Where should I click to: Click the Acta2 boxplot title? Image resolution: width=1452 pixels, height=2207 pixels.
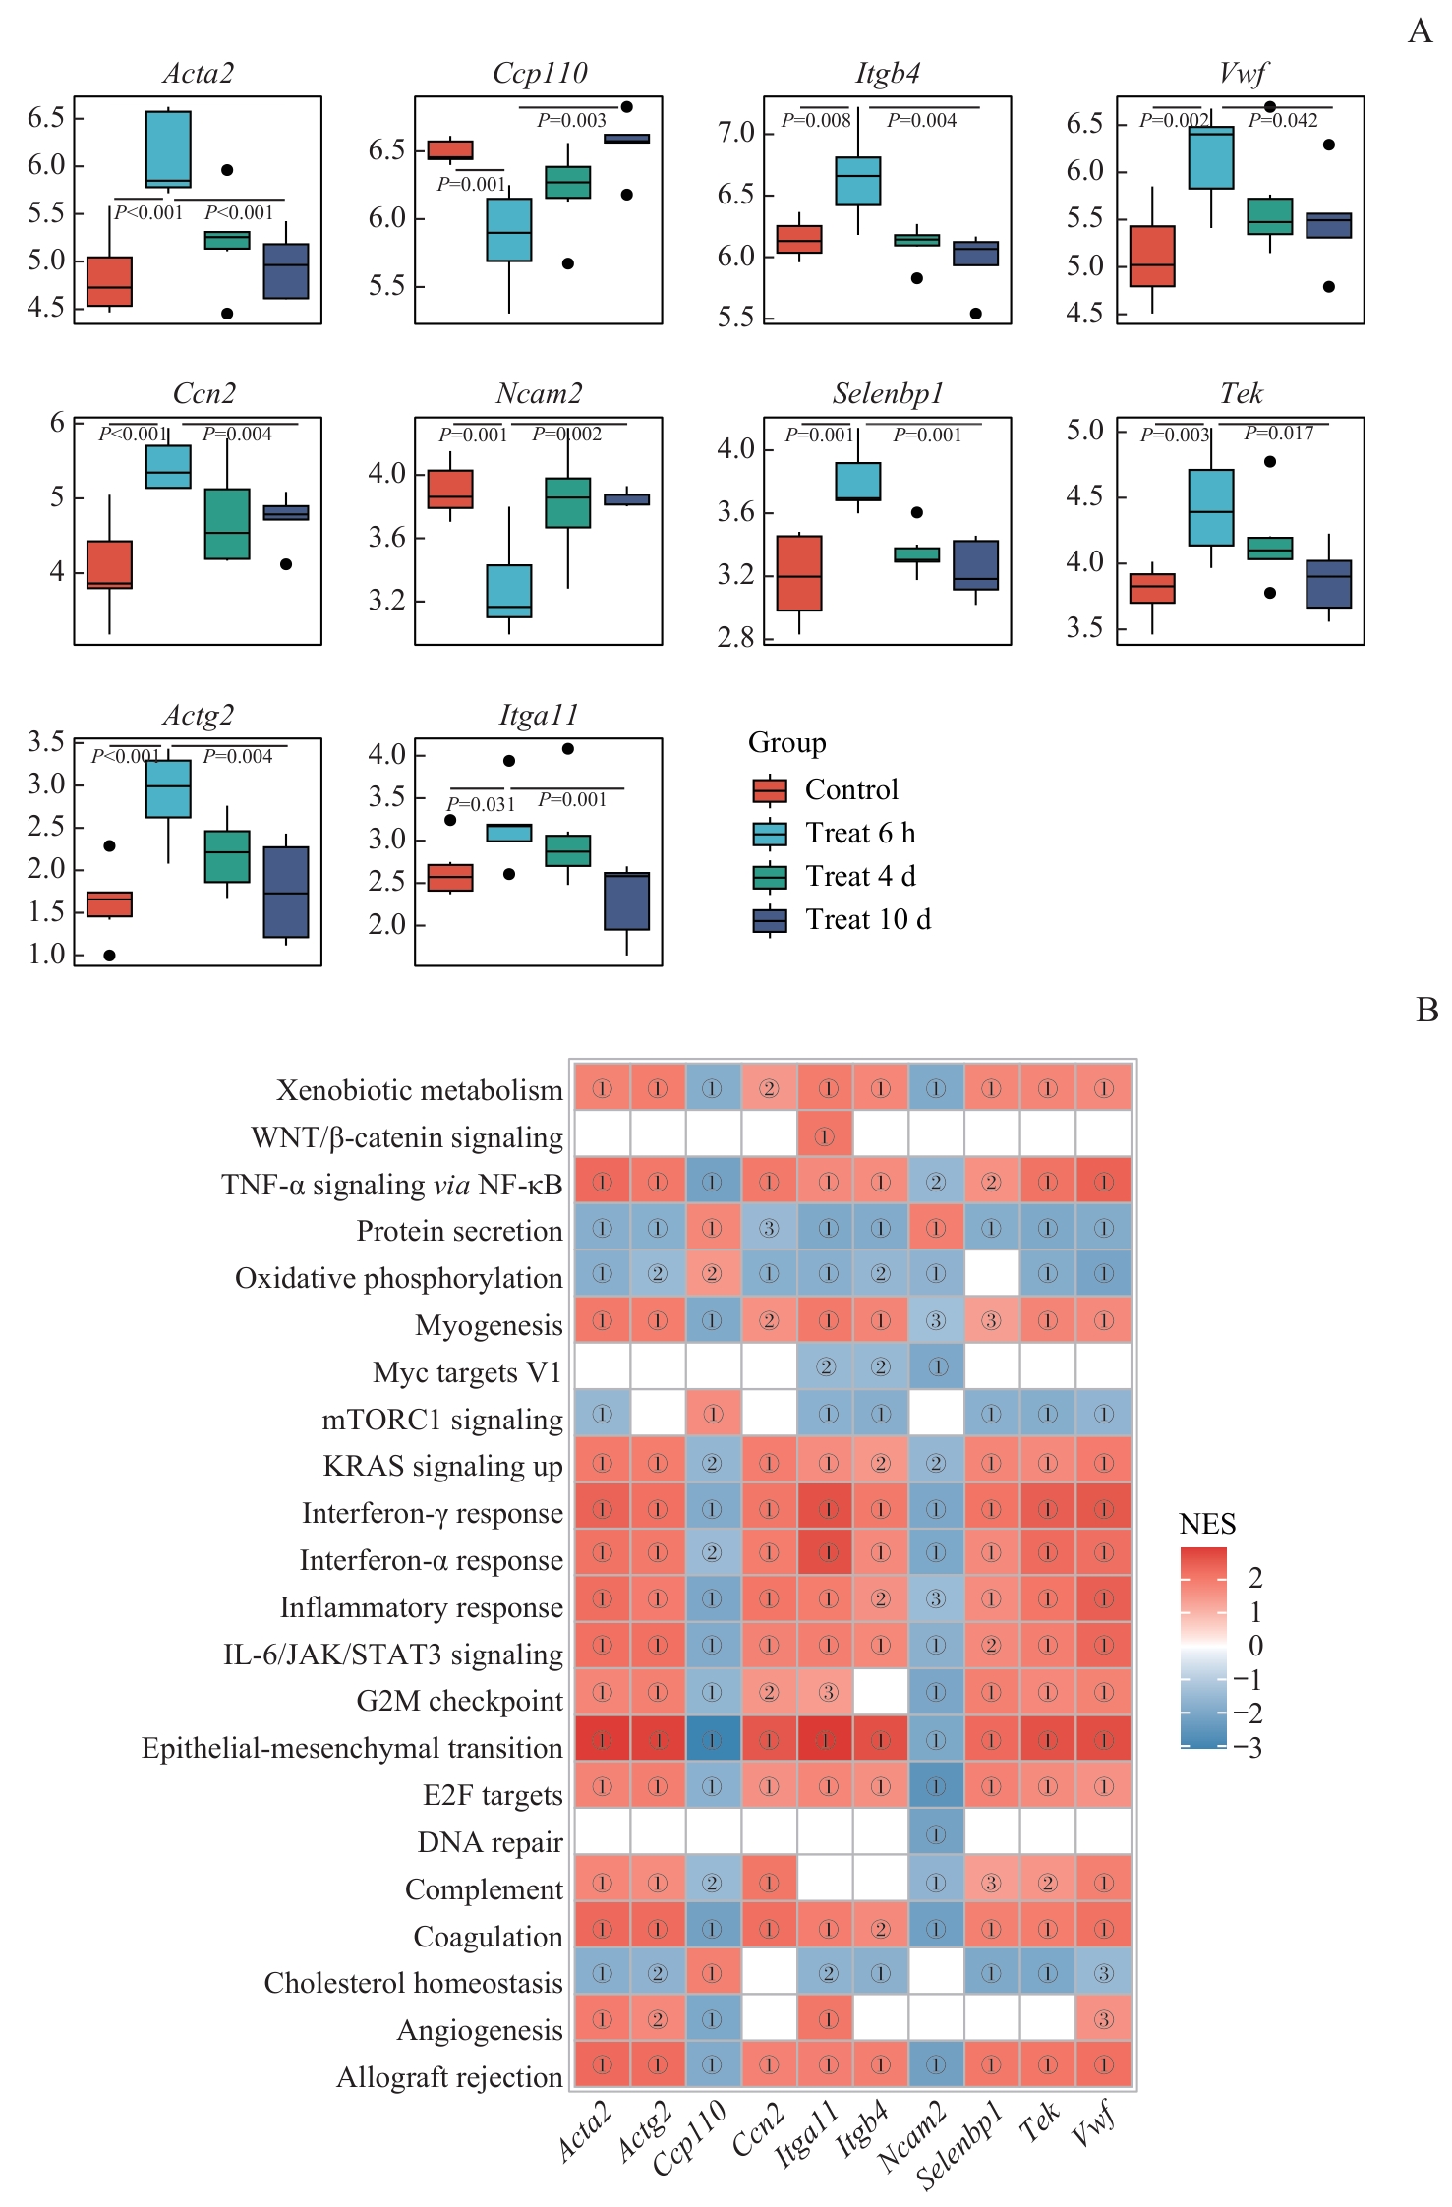pyautogui.click(x=198, y=74)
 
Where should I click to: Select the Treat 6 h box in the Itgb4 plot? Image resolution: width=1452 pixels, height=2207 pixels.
pyautogui.click(x=857, y=181)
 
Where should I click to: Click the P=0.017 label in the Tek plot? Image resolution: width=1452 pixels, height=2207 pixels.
pyautogui.click(x=1278, y=434)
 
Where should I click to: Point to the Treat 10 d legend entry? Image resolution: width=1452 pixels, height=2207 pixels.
pyautogui.click(x=867, y=920)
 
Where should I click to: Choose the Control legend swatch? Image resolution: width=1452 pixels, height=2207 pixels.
pyautogui.click(x=770, y=790)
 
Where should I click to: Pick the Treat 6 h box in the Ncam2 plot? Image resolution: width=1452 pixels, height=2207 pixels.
pyautogui.click(x=508, y=591)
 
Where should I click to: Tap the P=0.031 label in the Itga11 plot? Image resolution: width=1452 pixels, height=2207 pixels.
pyautogui.click(x=481, y=804)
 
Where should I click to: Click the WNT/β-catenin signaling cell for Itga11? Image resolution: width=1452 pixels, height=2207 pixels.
pyautogui.click(x=825, y=1137)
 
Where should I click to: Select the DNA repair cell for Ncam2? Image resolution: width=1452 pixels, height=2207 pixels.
pyautogui.click(x=936, y=1835)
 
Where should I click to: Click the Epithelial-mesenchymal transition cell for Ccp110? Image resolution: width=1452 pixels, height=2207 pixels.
pyautogui.click(x=713, y=1741)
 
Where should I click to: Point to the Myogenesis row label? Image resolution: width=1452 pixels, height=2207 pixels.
pyautogui.click(x=489, y=1326)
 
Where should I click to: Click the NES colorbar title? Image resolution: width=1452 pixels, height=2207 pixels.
pyautogui.click(x=1206, y=1525)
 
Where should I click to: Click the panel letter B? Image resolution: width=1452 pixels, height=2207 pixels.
pyautogui.click(x=1426, y=1011)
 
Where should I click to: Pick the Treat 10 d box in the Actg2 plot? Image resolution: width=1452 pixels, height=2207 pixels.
pyautogui.click(x=286, y=892)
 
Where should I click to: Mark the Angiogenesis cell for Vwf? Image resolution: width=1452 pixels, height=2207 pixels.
pyautogui.click(x=1104, y=2020)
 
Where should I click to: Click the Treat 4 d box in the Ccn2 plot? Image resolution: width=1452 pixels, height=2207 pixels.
pyautogui.click(x=227, y=524)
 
